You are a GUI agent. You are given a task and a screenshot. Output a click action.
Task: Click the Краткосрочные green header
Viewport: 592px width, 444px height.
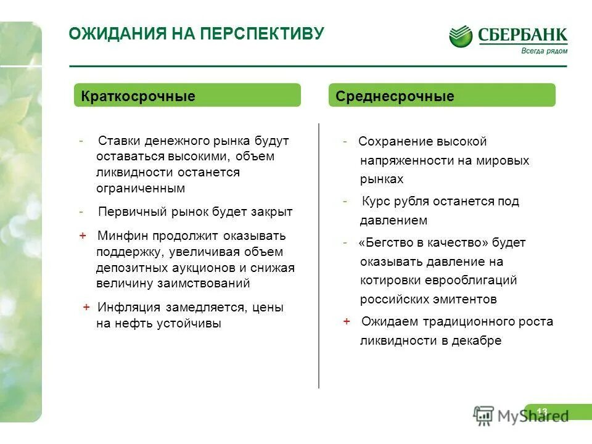click(187, 96)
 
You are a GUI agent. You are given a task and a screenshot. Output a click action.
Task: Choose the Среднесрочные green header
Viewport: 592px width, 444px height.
click(442, 96)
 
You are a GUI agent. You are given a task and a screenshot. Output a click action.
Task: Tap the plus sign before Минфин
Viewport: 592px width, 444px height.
click(83, 236)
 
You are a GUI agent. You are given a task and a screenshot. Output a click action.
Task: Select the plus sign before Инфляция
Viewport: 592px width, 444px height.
click(86, 307)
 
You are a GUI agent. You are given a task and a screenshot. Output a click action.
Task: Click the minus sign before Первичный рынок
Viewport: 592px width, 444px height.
click(81, 212)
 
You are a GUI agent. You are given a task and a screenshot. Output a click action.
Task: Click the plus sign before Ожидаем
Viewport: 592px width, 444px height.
click(347, 321)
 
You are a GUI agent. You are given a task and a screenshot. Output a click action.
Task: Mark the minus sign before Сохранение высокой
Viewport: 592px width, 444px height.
click(345, 141)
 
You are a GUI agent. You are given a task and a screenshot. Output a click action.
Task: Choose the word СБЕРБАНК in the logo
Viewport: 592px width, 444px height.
click(522, 35)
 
